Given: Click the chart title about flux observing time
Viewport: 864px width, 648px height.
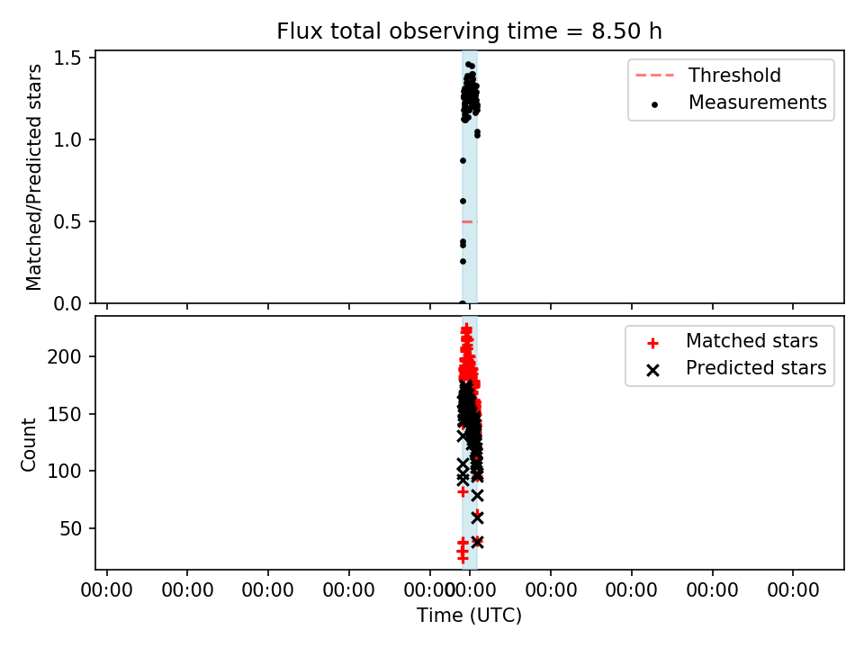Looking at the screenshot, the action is pyautogui.click(x=469, y=31).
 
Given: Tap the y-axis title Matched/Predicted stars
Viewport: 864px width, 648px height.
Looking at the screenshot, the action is pyautogui.click(x=34, y=177).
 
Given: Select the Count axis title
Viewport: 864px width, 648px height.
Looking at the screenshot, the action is pyautogui.click(x=28, y=445).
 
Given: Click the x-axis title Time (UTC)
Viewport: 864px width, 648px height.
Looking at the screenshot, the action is pyautogui.click(x=469, y=615).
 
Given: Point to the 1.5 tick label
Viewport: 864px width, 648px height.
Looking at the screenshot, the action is pyautogui.click(x=68, y=58).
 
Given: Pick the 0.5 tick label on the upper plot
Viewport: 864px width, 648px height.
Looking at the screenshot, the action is pyautogui.click(x=68, y=221).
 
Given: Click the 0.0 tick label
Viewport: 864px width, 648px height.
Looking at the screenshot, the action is pyautogui.click(x=68, y=303).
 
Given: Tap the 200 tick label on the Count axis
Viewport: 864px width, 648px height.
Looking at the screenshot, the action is pyautogui.click(x=64, y=356).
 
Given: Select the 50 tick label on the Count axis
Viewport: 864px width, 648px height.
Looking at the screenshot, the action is pyautogui.click(x=70, y=528).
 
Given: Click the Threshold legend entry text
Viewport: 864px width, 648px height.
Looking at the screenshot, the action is pyautogui.click(x=734, y=75).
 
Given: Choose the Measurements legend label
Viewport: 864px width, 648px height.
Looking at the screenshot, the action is pyautogui.click(x=758, y=102).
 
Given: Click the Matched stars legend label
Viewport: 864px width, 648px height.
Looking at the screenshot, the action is pyautogui.click(x=751, y=340).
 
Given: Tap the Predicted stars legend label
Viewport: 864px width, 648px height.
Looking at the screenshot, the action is pyautogui.click(x=756, y=367).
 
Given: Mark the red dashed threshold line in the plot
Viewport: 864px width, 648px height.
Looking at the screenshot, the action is pyautogui.click(x=470, y=221).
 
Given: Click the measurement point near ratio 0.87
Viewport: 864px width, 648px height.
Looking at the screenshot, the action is pyautogui.click(x=463, y=161).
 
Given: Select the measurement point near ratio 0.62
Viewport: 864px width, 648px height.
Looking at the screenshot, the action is pyautogui.click(x=463, y=201).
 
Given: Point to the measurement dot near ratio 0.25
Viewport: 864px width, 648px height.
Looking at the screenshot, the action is pyautogui.click(x=463, y=261).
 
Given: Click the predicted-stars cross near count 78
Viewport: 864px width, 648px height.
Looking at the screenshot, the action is pyautogui.click(x=477, y=495).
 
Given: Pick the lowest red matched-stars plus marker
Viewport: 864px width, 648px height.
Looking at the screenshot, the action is pyautogui.click(x=463, y=559).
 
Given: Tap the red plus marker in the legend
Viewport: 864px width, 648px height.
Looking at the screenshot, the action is pyautogui.click(x=653, y=343).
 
